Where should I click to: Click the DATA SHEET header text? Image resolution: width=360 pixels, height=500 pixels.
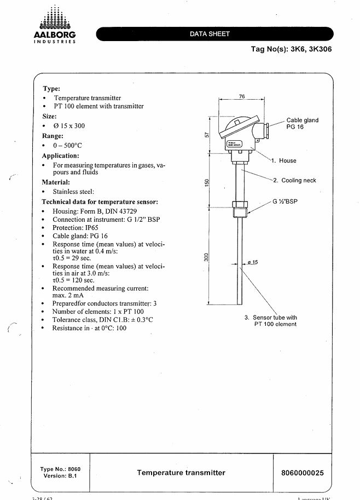(210, 34)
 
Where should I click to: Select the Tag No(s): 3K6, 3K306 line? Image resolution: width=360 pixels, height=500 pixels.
(291, 49)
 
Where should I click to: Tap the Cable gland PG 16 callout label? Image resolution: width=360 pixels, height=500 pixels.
(302, 123)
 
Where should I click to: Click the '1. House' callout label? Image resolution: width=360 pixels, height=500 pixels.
(284, 160)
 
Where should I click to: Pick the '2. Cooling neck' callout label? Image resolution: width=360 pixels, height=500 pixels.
(294, 180)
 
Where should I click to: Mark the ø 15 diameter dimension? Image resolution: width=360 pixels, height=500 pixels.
(252, 262)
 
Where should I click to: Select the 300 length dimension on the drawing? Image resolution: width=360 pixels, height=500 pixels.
(206, 256)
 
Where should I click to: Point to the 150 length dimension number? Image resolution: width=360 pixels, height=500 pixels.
(206, 182)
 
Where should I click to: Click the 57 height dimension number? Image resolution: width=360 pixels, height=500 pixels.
(206, 135)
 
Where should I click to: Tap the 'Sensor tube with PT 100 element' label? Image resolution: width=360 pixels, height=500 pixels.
(271, 320)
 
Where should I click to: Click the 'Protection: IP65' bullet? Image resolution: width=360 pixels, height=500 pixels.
(75, 227)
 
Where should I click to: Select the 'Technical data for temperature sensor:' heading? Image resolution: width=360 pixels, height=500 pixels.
(100, 202)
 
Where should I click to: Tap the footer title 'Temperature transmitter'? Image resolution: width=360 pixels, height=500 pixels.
(181, 472)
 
